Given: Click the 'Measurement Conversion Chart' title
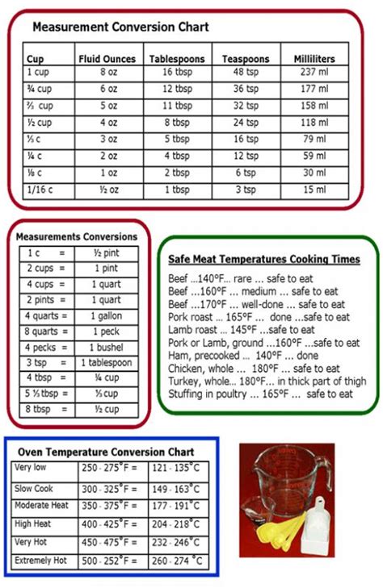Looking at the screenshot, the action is click(x=120, y=27).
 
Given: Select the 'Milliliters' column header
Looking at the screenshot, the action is click(x=314, y=59).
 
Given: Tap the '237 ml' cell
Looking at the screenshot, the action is click(x=314, y=72).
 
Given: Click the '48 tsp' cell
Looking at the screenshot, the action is click(x=245, y=72).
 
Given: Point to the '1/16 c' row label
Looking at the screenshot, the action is click(x=40, y=190).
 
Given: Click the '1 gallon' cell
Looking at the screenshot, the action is click(x=105, y=316).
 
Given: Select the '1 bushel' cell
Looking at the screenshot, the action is click(x=105, y=347).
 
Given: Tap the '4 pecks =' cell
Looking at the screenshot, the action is click(x=45, y=347).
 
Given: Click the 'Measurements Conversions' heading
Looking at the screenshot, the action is click(x=77, y=237).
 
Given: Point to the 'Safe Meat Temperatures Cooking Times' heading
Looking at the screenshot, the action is click(x=264, y=260).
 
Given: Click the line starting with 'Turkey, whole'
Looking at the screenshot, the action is click(x=267, y=382).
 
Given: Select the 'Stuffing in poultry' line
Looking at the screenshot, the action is click(x=260, y=394).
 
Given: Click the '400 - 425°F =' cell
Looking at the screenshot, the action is click(x=111, y=524).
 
